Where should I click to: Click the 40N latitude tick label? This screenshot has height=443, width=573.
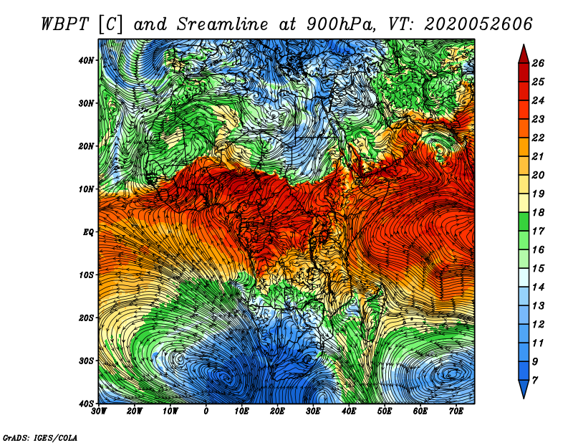coord(86,60)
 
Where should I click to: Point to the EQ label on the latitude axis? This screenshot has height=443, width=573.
coord(88,232)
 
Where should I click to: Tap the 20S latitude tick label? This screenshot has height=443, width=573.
coord(86,318)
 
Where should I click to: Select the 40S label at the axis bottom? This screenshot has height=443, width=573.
coord(86,404)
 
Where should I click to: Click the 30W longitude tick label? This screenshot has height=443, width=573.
coord(99,411)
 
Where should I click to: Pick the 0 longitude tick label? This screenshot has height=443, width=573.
coord(206,411)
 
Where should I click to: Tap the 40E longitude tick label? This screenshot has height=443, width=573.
coord(349,411)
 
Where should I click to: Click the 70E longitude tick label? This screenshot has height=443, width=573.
coord(456,411)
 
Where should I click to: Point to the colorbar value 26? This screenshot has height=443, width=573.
coord(538,63)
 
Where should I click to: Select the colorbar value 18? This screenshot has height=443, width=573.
coord(538,212)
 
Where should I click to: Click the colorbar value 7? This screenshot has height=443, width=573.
coord(535,381)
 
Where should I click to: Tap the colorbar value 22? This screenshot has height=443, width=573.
coord(538,138)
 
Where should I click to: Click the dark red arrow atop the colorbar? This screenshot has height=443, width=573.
coord(524,54)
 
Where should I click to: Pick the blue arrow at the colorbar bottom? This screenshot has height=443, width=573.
coord(524,389)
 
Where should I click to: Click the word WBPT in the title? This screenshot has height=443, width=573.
coord(64,24)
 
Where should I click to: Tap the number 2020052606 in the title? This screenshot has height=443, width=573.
coord(478,24)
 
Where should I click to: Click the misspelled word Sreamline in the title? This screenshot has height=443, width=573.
coord(223,24)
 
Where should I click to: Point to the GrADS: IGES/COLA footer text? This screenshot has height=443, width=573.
coord(40,438)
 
